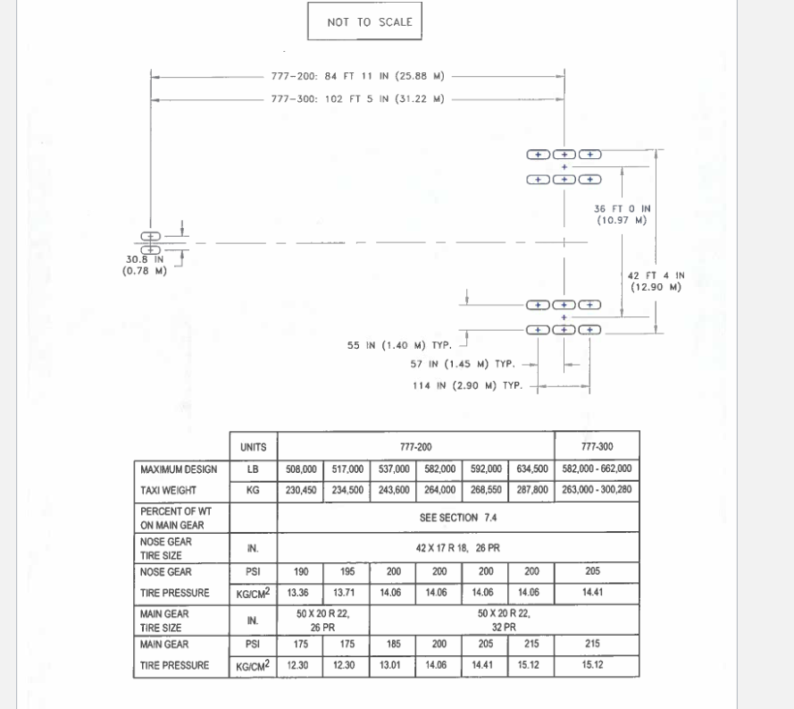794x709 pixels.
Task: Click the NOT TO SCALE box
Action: click(x=364, y=22)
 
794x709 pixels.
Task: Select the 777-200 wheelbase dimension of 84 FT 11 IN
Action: click(x=358, y=76)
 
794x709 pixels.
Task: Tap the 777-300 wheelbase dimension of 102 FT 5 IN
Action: click(x=358, y=99)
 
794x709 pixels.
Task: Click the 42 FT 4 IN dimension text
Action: click(x=656, y=281)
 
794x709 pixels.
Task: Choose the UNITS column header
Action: click(x=253, y=446)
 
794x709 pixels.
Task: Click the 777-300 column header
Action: click(x=597, y=446)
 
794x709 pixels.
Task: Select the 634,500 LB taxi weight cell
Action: click(x=531, y=468)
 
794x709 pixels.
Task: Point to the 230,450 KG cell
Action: click(x=299, y=490)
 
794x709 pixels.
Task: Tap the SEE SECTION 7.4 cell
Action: click(x=459, y=517)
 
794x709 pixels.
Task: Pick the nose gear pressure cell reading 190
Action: click(x=299, y=571)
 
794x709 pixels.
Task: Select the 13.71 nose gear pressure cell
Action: click(x=345, y=593)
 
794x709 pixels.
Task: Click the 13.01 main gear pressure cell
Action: click(x=391, y=664)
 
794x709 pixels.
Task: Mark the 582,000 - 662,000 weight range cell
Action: click(x=597, y=468)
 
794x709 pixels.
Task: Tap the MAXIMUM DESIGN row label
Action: click(x=179, y=468)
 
